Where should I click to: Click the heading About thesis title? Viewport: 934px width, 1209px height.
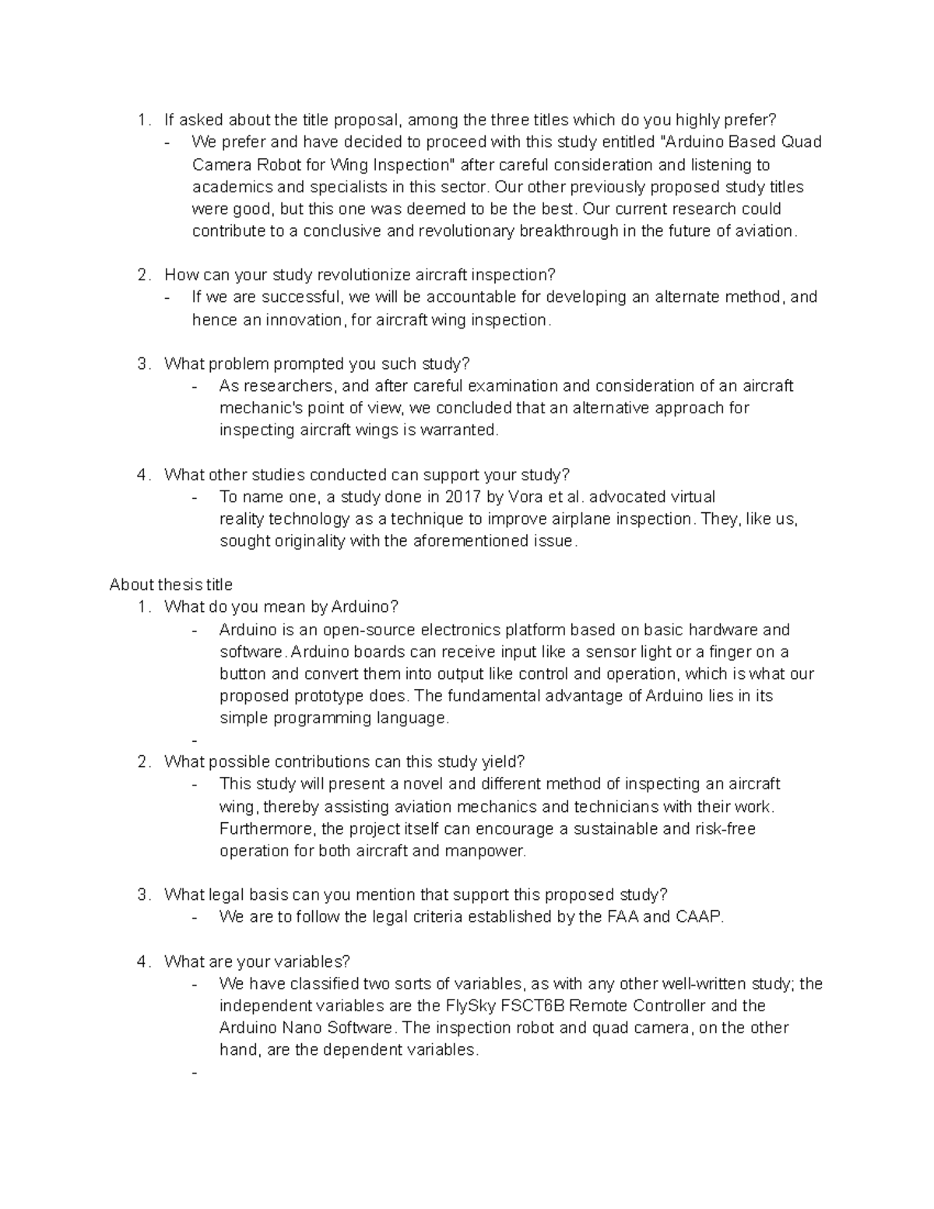point(170,585)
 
